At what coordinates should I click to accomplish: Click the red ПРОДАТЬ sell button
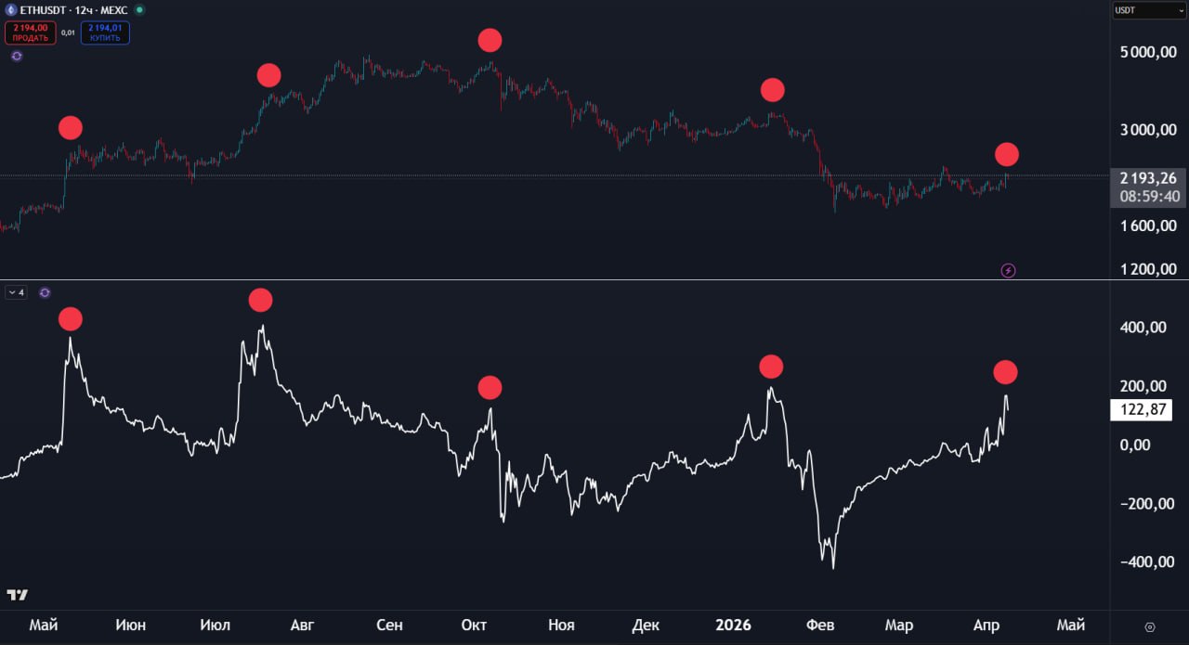tap(30, 33)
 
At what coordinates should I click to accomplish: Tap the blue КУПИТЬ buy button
tap(105, 33)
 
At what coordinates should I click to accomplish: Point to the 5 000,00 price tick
tap(1149, 52)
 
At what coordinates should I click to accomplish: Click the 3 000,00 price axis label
tap(1149, 129)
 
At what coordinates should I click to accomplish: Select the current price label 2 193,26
tap(1149, 178)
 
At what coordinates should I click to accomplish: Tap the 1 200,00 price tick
tap(1149, 269)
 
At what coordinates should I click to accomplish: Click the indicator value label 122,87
tap(1141, 410)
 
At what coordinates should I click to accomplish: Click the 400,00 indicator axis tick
tap(1147, 328)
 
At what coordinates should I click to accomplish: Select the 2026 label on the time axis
tap(734, 625)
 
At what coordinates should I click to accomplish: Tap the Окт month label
tap(474, 625)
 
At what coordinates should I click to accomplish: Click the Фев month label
tap(820, 625)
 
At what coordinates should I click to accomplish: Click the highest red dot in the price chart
tap(490, 40)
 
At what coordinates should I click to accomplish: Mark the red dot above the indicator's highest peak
tap(260, 300)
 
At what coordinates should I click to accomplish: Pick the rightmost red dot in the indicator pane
tap(1005, 372)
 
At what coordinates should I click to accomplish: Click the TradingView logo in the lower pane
tap(17, 594)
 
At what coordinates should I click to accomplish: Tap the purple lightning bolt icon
tap(1008, 270)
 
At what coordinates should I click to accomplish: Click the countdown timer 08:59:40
tap(1149, 197)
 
